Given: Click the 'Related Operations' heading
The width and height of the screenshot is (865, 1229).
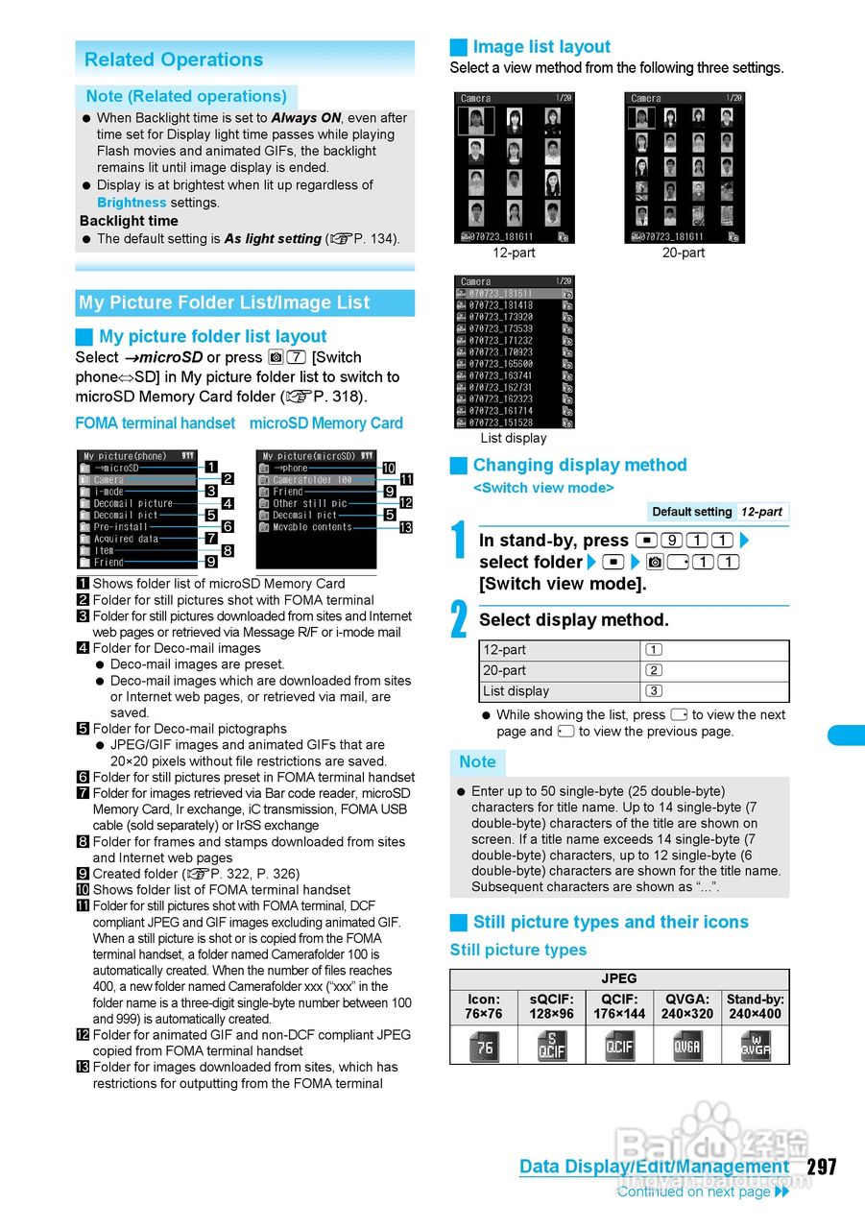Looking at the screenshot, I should [174, 60].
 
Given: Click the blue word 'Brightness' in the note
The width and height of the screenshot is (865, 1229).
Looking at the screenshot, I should [132, 203].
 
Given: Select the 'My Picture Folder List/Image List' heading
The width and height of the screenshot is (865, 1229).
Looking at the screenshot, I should [225, 302].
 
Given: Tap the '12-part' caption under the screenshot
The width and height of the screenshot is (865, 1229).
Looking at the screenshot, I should [514, 253].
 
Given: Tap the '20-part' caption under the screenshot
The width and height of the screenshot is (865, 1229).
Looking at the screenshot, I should [683, 253].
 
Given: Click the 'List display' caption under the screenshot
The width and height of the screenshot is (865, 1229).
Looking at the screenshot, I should [514, 438].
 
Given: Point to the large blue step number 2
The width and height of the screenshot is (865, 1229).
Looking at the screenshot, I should [460, 620].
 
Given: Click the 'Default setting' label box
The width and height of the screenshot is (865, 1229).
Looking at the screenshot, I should [691, 512].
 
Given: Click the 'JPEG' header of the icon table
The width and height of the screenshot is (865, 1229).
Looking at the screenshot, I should [619, 978].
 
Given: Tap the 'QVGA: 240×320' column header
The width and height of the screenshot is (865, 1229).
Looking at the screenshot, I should [686, 1006].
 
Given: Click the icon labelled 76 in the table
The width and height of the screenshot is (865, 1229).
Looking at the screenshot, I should [484, 1046].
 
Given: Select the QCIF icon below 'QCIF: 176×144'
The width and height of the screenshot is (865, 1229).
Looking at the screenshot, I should [619, 1046].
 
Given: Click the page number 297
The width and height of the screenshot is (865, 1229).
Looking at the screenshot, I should [822, 1167].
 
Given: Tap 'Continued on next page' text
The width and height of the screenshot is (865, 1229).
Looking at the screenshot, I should [694, 1192].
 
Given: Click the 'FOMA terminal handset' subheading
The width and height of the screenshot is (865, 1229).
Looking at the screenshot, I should [155, 423].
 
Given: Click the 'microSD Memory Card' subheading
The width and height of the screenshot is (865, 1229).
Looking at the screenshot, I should [326, 423].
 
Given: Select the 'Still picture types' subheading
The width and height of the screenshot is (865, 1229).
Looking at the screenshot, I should [518, 950].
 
